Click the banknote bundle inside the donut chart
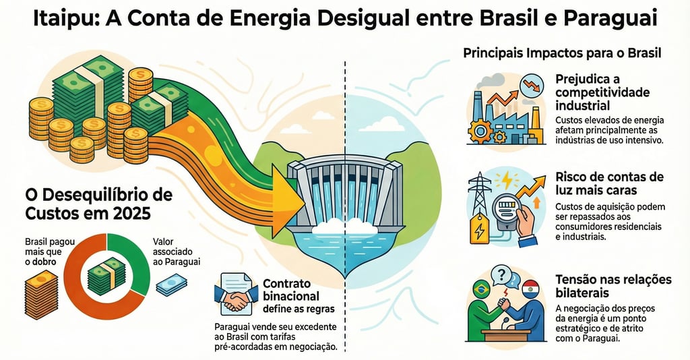click(106, 276)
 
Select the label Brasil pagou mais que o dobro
click(42, 251)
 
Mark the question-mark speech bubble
click(503, 274)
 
